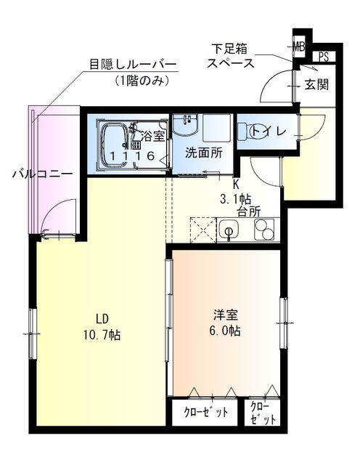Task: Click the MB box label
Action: pyautogui.click(x=298, y=48)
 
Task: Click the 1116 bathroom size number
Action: pyautogui.click(x=131, y=155)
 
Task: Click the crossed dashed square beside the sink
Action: pyautogui.click(x=201, y=232)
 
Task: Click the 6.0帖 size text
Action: pyautogui.click(x=226, y=331)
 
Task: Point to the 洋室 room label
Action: pyautogui.click(x=226, y=315)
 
